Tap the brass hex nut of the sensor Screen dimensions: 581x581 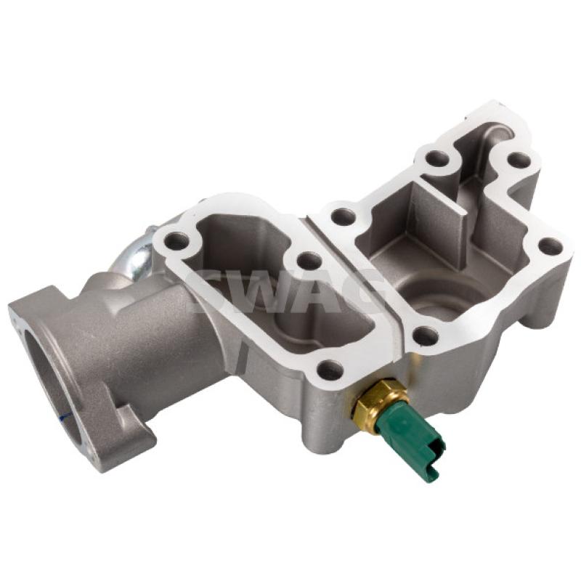coord(377,404)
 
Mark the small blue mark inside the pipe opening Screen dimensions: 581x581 coord(64,416)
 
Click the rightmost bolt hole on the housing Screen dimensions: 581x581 coord(550,246)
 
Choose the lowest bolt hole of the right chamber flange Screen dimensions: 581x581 coord(426,336)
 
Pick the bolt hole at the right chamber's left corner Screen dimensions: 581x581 coord(342,217)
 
